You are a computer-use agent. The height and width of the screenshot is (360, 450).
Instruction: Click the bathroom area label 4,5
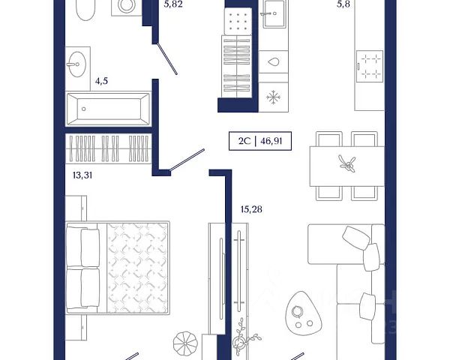[x=101, y=81]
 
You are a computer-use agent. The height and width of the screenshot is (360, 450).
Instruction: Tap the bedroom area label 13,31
[x=82, y=175]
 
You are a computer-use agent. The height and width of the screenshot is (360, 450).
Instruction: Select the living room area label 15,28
[x=251, y=209]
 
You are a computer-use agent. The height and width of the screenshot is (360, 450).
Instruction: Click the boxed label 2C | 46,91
[x=260, y=141]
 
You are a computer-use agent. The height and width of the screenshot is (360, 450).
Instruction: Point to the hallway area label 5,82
[x=173, y=4]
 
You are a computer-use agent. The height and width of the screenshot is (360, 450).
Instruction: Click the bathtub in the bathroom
[x=109, y=109]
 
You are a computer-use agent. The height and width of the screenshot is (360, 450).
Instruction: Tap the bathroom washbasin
[x=77, y=64]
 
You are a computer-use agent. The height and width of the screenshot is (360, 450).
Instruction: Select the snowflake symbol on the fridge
[x=273, y=97]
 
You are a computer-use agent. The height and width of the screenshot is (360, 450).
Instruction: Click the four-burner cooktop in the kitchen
[x=370, y=67]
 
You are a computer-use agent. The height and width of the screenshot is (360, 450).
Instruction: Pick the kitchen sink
[x=274, y=13]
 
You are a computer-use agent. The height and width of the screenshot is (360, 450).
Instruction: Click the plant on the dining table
[x=347, y=164]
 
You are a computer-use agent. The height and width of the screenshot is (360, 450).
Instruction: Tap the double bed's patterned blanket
[x=137, y=268]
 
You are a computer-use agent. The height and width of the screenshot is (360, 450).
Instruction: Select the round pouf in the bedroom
[x=185, y=343]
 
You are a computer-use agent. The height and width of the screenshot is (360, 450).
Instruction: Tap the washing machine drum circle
[x=127, y=5]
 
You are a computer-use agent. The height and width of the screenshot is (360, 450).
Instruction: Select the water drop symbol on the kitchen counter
[x=273, y=61]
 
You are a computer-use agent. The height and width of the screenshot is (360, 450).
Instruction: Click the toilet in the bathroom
[x=85, y=9]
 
